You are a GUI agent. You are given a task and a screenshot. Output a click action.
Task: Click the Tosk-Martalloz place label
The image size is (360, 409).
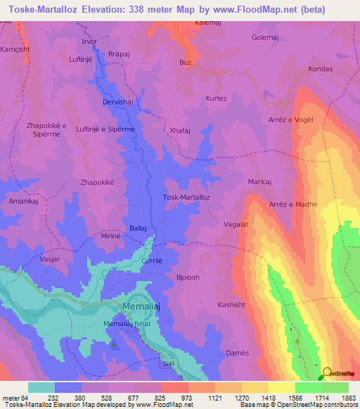tap(186, 197)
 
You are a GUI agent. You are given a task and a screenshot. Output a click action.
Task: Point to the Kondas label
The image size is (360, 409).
tap(320, 69)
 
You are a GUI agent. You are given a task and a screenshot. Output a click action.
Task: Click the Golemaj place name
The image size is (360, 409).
tap(285, 37)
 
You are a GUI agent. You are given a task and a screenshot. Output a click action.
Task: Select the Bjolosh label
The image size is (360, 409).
tap(188, 278)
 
